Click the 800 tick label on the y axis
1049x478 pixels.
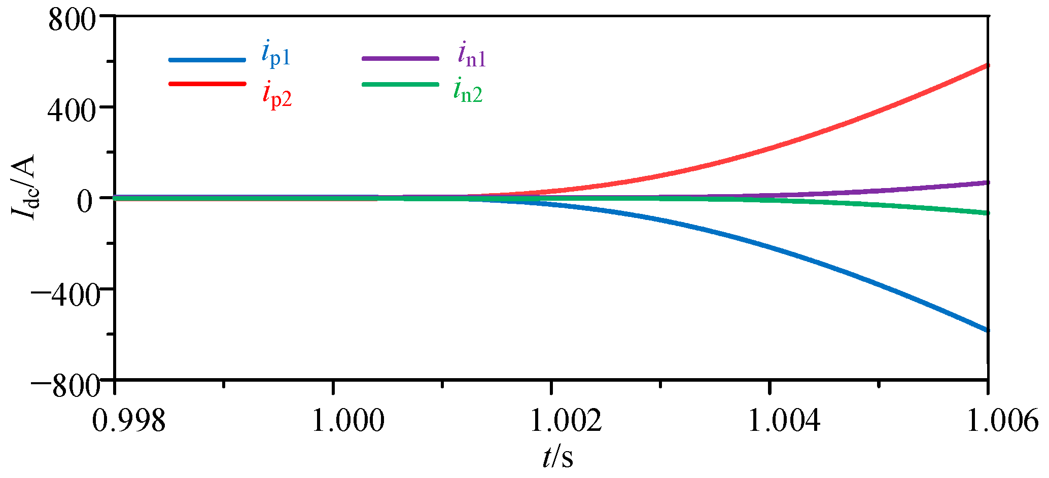72,21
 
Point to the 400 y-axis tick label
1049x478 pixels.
72,112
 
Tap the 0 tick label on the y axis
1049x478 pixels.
86,201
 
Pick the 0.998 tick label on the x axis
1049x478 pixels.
129,421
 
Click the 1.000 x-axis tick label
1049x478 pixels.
347,421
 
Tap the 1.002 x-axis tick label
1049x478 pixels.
566,421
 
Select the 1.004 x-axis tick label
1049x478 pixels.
784,421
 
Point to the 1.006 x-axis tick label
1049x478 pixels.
1002,421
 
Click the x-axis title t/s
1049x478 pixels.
558,457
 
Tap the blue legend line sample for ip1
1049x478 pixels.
207,59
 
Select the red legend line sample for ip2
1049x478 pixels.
207,83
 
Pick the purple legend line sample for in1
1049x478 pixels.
400,58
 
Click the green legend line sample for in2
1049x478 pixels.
400,84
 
